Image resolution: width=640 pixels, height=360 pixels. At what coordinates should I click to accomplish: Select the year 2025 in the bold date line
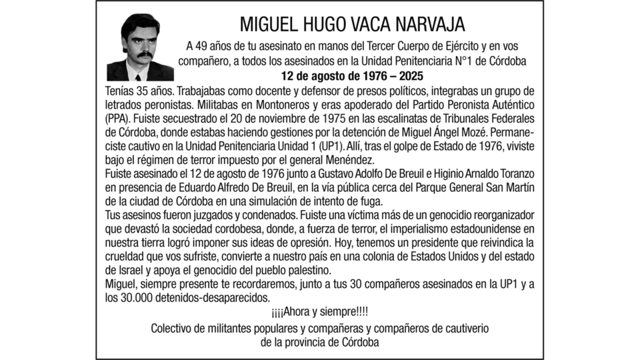coord(407,76)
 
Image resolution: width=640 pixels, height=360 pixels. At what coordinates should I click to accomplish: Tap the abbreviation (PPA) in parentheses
coord(119,120)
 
